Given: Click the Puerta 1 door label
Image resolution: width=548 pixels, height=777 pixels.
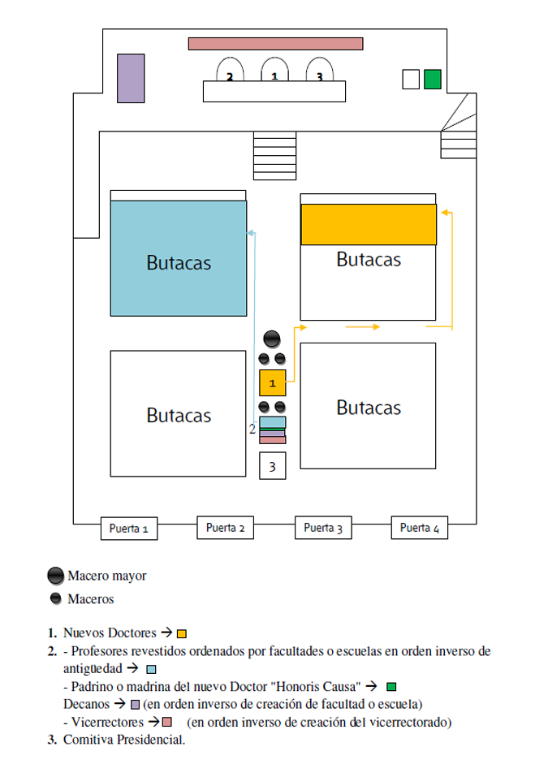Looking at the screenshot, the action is [x=129, y=529].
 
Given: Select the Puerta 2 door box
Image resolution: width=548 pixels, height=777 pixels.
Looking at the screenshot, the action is [x=226, y=527].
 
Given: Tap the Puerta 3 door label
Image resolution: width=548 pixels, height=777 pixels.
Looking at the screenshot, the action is [x=323, y=527].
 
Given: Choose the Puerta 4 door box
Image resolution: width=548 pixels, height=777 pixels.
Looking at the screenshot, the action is [x=420, y=527].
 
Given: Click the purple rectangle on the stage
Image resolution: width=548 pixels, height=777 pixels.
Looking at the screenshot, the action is [x=131, y=78].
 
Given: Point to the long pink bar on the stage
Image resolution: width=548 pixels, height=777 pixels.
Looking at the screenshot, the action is [x=275, y=44].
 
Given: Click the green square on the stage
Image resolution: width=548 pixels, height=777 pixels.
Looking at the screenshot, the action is [x=433, y=80].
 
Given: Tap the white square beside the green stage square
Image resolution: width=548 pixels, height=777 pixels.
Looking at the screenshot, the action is [x=411, y=80].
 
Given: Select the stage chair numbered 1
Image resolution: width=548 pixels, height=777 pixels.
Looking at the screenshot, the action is [x=275, y=69].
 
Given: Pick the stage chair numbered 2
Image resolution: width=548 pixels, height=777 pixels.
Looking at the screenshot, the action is [x=230, y=69].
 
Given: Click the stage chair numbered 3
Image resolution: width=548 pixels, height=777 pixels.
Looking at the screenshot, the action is [x=320, y=69].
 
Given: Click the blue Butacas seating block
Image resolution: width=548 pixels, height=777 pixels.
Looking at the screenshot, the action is [x=179, y=258].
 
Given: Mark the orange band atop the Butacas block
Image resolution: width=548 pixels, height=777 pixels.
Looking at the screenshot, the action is [x=369, y=224].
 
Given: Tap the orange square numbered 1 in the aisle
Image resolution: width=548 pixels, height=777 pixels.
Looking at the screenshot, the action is [x=273, y=382].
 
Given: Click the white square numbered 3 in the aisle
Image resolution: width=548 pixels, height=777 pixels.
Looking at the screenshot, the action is [x=273, y=466].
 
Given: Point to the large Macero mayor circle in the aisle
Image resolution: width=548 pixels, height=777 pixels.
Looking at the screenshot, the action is [x=272, y=339].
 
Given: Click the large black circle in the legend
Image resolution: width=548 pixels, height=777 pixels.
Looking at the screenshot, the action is [x=55, y=576].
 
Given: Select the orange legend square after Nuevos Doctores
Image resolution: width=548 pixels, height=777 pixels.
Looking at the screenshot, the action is [x=182, y=634].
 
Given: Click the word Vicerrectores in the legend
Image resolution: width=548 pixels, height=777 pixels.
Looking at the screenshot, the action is [x=107, y=722].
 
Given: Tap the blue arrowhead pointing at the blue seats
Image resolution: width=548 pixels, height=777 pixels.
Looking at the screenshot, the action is [x=251, y=232].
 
